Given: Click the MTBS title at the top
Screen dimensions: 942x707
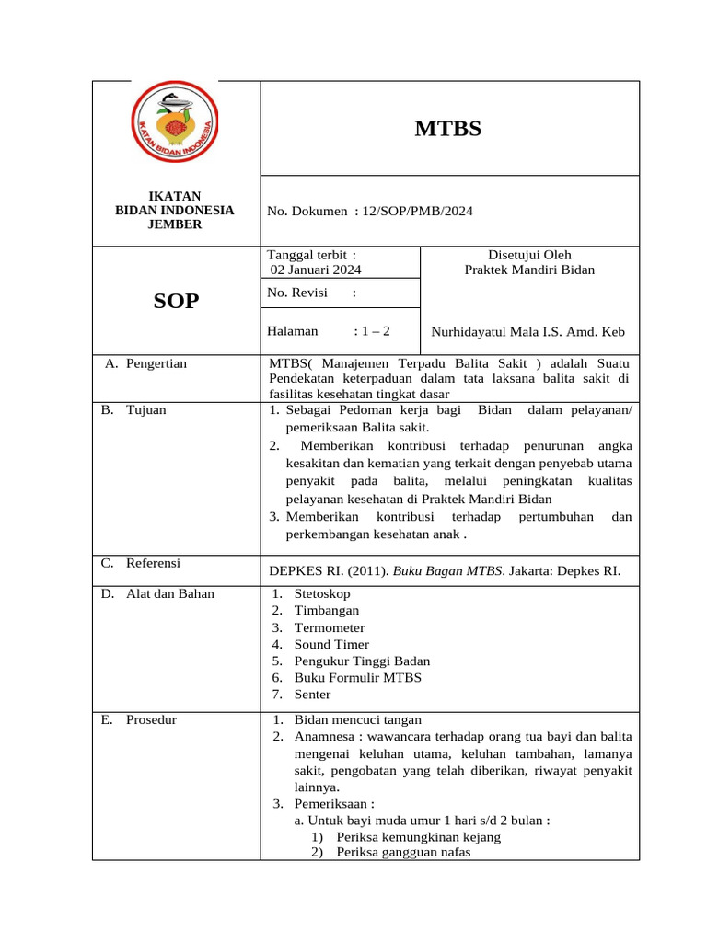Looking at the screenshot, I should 448,129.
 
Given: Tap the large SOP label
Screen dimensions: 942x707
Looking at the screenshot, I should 175,300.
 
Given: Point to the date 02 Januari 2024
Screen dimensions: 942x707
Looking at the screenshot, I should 316,270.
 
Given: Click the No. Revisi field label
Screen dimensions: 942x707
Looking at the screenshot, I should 297,293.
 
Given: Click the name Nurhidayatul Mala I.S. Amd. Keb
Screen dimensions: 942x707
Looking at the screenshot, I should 528,331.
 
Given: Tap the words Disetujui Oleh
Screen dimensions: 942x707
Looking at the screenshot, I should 529,255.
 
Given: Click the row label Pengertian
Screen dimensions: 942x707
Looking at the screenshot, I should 156,363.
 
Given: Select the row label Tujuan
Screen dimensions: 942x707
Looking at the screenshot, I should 146,409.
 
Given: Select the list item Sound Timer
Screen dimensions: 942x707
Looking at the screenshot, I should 331,644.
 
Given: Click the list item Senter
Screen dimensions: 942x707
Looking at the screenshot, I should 313,695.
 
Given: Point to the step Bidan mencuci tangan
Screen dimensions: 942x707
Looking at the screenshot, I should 358,719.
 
